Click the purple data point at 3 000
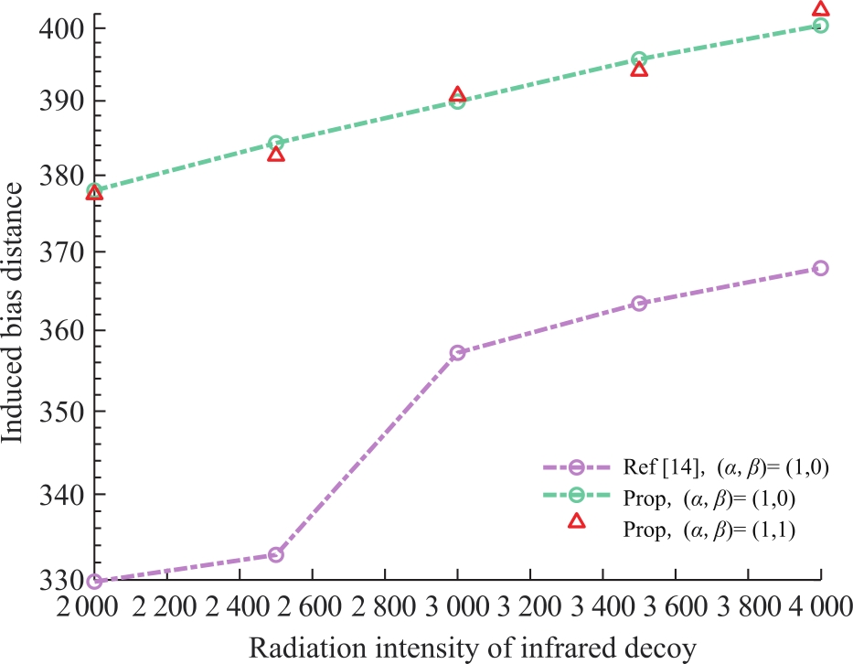(x=457, y=353)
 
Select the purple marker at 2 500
(x=276, y=554)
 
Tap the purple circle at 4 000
(x=820, y=268)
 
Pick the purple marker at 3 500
(x=639, y=303)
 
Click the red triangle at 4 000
(x=820, y=9)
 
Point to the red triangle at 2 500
(x=276, y=155)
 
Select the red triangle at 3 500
(x=639, y=70)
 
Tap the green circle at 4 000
(x=820, y=25)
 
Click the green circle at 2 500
(x=276, y=144)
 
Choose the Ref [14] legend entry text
(x=726, y=467)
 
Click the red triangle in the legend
(x=577, y=521)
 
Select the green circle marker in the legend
(x=577, y=494)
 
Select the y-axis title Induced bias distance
(x=12, y=313)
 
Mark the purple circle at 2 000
(x=94, y=582)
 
